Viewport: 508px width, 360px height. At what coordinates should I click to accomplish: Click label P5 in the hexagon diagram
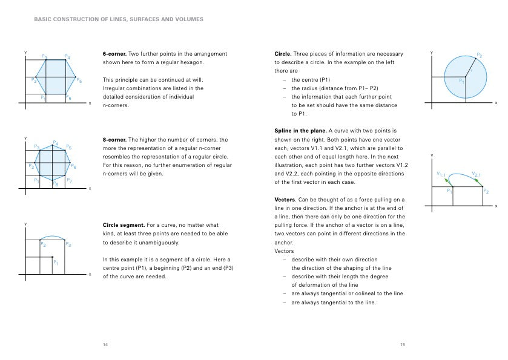pos(79,80)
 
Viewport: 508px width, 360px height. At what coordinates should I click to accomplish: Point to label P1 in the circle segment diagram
pos(56,263)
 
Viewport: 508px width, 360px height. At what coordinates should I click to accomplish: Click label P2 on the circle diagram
pos(479,56)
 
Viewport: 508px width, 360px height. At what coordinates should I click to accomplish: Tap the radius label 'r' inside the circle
pos(471,70)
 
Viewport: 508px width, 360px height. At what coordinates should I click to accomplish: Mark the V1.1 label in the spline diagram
pos(441,174)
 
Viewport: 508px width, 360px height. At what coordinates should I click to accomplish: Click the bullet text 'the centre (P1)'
pos(311,79)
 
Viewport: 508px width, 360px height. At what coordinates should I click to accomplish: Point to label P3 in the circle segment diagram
pos(68,245)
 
